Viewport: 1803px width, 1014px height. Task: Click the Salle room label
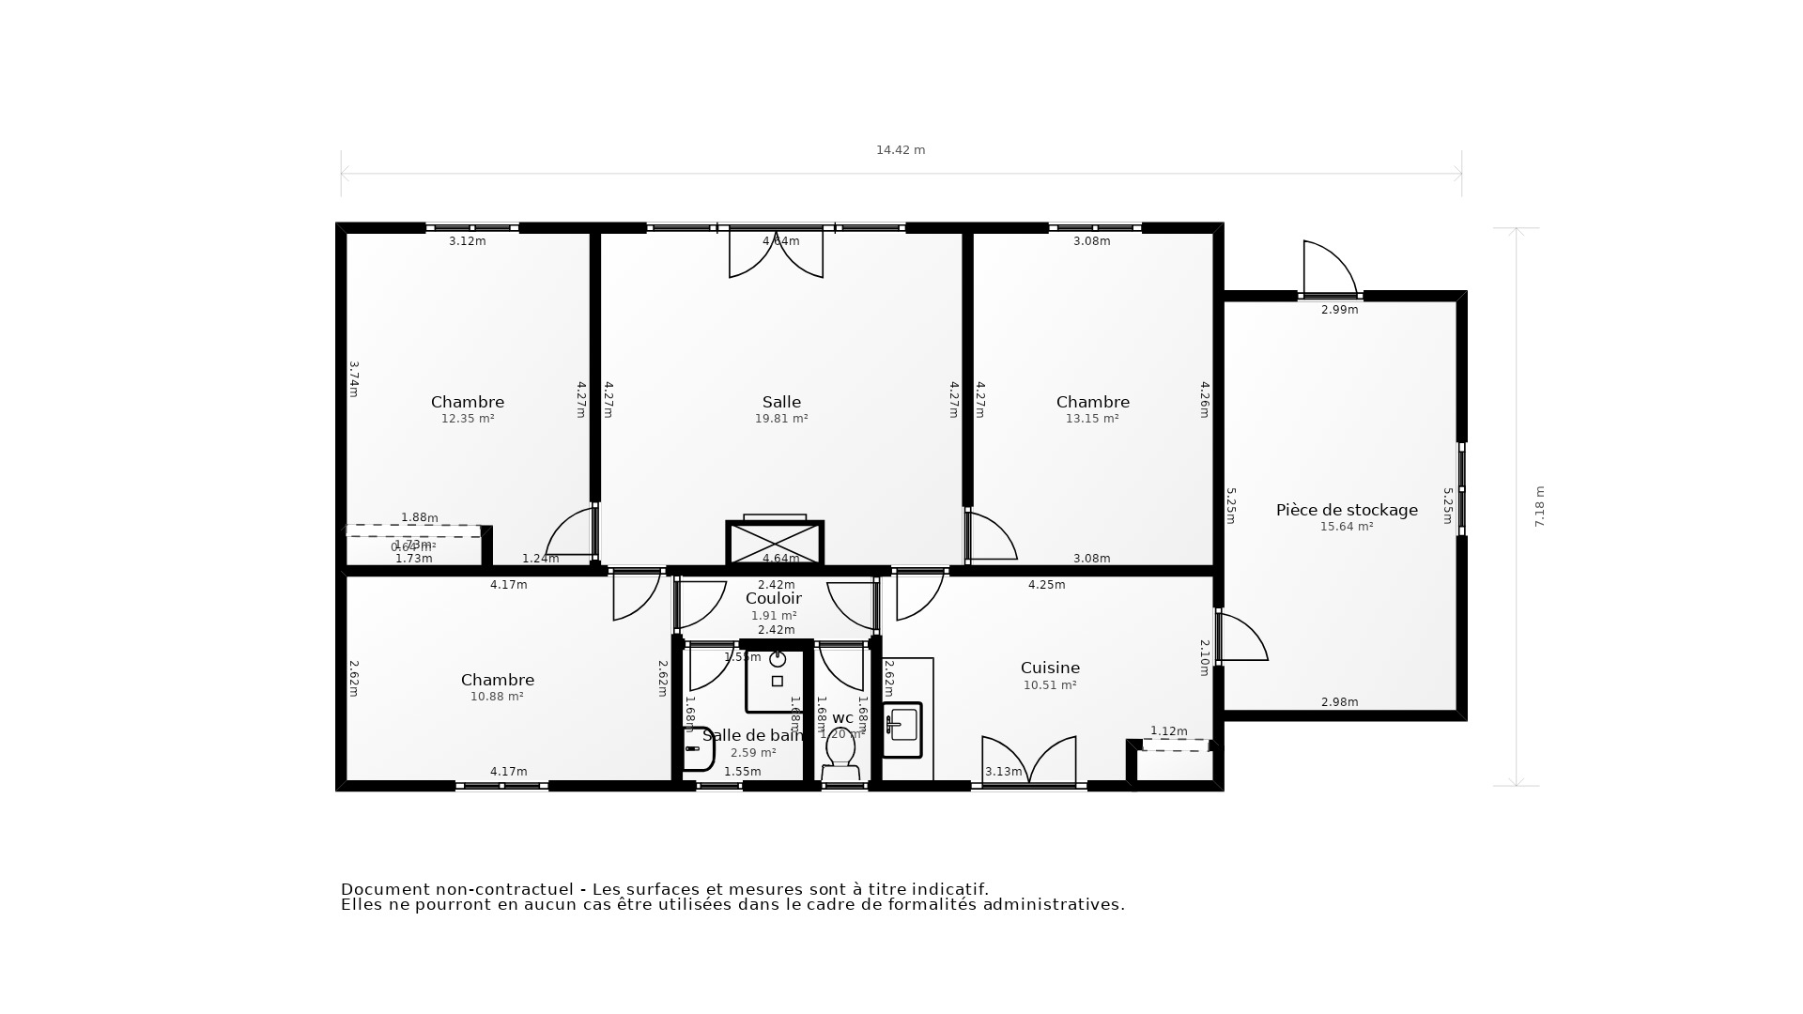pos(781,402)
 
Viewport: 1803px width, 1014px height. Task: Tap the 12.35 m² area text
pos(468,419)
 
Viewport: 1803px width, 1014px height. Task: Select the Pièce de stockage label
pos(1347,510)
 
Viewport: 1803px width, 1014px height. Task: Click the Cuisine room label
pos(1050,668)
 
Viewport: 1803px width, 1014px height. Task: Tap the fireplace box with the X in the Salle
pos(775,543)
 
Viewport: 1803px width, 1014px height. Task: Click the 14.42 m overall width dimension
pos(901,150)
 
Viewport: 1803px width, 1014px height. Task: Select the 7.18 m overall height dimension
pos(1539,506)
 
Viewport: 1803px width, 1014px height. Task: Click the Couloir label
pos(774,598)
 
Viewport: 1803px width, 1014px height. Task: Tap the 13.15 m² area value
pos(1092,419)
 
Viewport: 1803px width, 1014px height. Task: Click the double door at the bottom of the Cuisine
pos(1029,760)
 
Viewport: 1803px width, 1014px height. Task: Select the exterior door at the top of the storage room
pos(1328,269)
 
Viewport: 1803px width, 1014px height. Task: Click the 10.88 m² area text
pos(497,697)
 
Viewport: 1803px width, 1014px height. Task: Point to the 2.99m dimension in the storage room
pos(1339,310)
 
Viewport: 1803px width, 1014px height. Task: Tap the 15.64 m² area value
pos(1347,527)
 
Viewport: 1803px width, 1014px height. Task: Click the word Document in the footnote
pos(379,889)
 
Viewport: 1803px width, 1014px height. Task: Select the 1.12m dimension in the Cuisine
pos(1169,731)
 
